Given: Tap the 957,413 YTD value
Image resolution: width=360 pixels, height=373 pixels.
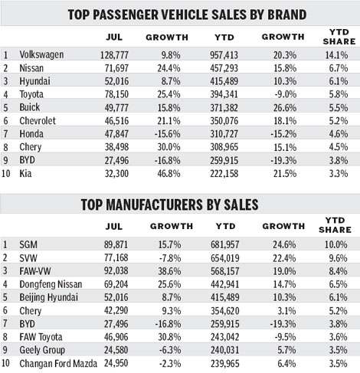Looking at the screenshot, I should [x=221, y=55].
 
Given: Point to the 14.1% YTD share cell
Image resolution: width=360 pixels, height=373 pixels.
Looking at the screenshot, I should [x=332, y=55].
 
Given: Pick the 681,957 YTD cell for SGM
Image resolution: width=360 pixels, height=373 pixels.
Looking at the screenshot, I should [x=221, y=243].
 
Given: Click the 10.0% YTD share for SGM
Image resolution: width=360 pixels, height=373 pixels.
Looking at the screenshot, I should [x=332, y=243].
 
